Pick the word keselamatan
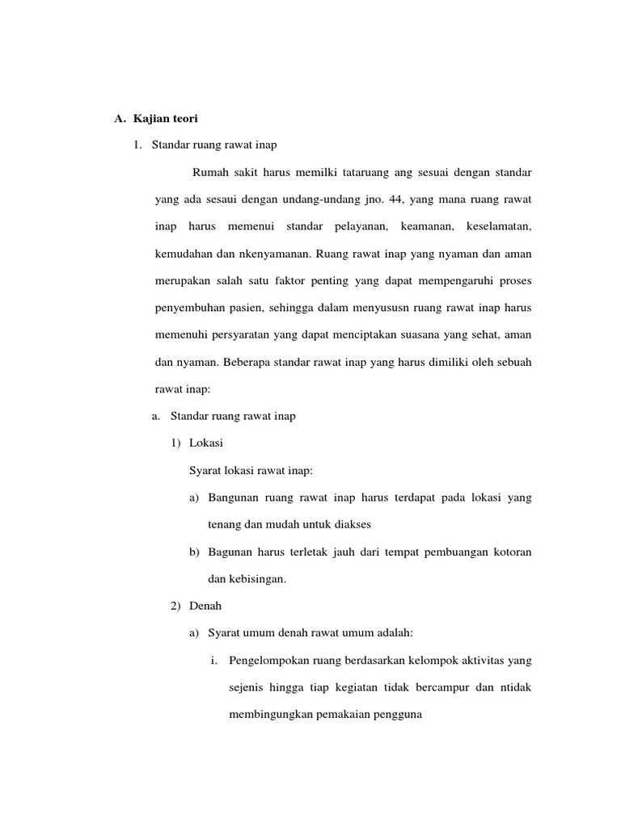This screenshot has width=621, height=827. tap(499, 226)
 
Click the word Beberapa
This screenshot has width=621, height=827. tap(264, 363)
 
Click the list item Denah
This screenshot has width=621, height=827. tap(205, 604)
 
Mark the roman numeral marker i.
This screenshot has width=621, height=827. tap(213, 661)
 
